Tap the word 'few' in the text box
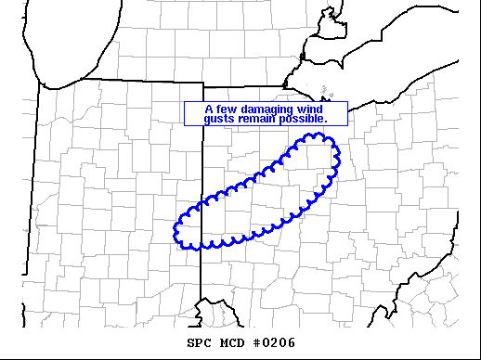[224, 109]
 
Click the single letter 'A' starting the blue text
[209, 109]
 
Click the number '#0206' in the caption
[277, 343]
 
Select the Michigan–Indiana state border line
[121, 81]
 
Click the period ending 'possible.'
[325, 122]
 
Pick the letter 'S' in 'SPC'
[190, 343]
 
